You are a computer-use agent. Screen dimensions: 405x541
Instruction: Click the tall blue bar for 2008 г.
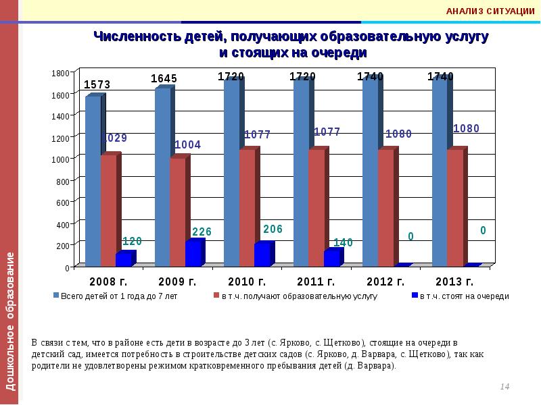pos(93,179)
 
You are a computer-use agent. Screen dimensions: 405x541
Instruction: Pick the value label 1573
pos(97,84)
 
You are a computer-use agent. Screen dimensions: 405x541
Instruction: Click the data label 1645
pos(164,78)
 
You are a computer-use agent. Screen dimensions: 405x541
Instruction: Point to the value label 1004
pos(187,144)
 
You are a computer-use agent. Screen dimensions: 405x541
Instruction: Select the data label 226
pos(202,232)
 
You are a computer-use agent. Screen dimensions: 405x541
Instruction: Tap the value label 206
pos(273,229)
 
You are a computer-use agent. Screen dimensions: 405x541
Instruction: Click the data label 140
pos(344,242)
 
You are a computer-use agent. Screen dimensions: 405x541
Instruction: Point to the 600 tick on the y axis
pos(63,202)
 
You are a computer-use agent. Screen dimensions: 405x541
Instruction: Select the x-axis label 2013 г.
pos(454,280)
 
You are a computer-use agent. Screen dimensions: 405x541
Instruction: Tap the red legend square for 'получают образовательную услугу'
pos(216,296)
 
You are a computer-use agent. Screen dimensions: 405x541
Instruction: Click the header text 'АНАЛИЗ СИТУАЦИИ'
pos(491,11)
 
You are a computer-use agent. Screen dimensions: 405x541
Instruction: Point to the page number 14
pos(504,386)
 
